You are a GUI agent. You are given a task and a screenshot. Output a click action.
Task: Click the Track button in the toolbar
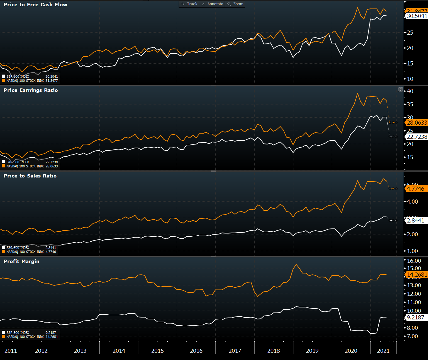[x=189, y=4]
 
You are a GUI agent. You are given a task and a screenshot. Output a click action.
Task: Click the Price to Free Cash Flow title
[x=35, y=5]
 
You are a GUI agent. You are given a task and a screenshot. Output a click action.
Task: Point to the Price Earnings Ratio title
[x=31, y=90]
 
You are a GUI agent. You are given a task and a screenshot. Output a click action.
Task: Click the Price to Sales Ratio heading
[x=30, y=176]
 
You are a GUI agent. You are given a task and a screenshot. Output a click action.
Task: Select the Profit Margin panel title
[x=21, y=262]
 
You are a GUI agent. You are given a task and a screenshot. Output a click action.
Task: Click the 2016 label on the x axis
[x=196, y=351]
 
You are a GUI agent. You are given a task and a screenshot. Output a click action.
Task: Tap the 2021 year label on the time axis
[x=383, y=351]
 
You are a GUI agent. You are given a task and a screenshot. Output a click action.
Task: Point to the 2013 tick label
[x=80, y=351]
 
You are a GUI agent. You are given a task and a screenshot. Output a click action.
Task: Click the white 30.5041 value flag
[x=417, y=16]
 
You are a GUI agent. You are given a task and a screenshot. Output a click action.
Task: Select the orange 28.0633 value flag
[x=417, y=123]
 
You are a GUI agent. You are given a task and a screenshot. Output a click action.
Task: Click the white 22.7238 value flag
[x=417, y=137]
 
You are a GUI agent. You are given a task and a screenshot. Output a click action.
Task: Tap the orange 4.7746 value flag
[x=415, y=189]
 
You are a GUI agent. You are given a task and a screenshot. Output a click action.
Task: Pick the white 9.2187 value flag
[x=415, y=318]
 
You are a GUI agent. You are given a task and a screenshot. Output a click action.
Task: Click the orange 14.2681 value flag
[x=417, y=275]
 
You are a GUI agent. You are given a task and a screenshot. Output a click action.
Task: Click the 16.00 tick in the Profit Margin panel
[x=414, y=261]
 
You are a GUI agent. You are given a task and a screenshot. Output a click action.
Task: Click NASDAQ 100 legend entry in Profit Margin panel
[x=25, y=337]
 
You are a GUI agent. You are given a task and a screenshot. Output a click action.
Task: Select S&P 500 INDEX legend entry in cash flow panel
[x=18, y=76]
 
